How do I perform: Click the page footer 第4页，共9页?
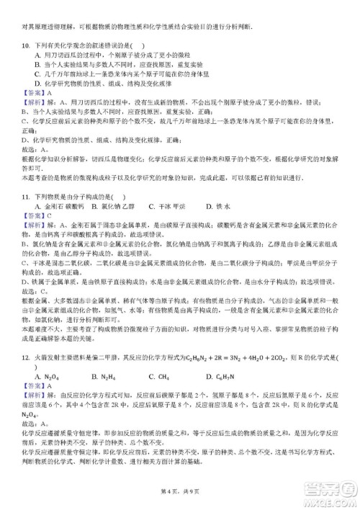tap(180, 492)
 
